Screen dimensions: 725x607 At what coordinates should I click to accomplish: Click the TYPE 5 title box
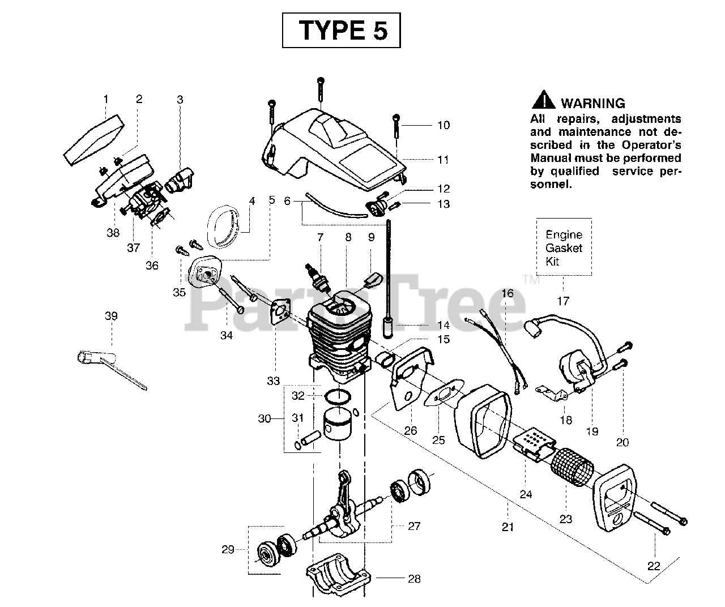point(341,30)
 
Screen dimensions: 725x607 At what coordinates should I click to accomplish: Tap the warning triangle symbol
point(544,100)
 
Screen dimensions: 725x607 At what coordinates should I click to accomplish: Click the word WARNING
point(593,104)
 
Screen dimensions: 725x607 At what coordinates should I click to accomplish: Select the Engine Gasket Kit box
point(564,247)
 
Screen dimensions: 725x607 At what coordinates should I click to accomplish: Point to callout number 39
point(111,316)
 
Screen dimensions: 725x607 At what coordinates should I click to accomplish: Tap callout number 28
point(414,579)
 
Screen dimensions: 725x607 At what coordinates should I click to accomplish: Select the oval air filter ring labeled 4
point(223,226)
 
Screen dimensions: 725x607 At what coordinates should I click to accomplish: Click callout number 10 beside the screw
point(443,125)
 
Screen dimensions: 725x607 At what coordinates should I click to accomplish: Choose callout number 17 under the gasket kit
point(563,301)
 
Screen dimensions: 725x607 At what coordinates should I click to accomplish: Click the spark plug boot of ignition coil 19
point(534,328)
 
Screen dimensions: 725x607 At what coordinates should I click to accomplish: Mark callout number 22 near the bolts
point(654,566)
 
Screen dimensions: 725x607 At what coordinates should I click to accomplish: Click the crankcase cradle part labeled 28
point(339,575)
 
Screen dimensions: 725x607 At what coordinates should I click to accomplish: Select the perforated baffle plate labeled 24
point(534,444)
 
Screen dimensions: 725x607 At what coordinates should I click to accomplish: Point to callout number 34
point(227,335)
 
